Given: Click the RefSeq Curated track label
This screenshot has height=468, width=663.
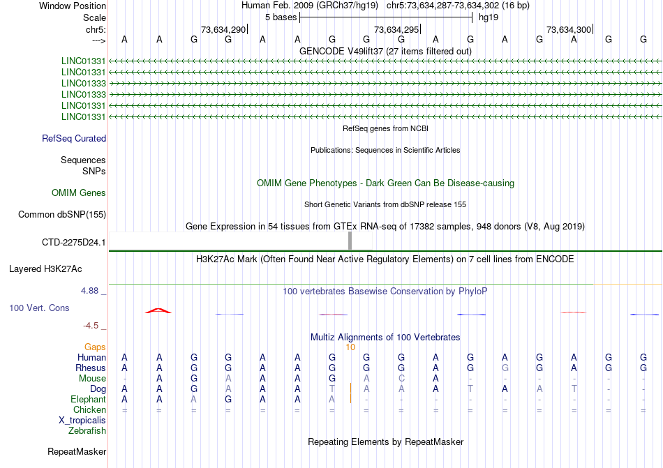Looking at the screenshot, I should click(74, 139).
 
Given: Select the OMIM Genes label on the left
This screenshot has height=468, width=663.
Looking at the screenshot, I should click(79, 193).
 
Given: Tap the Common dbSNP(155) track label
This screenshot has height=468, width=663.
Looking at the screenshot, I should click(62, 215).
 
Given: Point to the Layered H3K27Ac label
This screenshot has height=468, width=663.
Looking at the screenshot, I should click(45, 269).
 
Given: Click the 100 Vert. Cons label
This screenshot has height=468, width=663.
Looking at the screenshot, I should click(39, 308).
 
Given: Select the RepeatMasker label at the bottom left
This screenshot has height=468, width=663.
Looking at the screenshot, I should click(77, 452).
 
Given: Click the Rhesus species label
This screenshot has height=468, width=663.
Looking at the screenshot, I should click(91, 368).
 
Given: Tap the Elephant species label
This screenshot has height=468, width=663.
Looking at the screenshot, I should click(89, 399).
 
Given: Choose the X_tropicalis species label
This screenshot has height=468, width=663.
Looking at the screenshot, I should click(82, 420).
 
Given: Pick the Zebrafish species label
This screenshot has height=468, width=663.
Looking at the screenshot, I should click(87, 431).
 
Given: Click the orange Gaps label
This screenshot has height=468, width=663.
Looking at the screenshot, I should click(95, 347).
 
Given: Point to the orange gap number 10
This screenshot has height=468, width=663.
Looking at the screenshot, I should click(350, 347).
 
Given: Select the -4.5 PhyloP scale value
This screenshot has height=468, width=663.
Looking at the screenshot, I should click(92, 325).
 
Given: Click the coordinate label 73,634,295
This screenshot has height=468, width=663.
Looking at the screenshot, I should click(396, 30).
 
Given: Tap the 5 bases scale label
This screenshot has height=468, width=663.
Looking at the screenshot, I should click(280, 17).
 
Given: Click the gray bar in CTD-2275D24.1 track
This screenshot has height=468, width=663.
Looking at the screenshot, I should click(350, 241).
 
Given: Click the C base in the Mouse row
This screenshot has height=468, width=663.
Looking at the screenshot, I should click(401, 378).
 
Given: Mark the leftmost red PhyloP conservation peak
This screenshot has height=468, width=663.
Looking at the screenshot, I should click(158, 310).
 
